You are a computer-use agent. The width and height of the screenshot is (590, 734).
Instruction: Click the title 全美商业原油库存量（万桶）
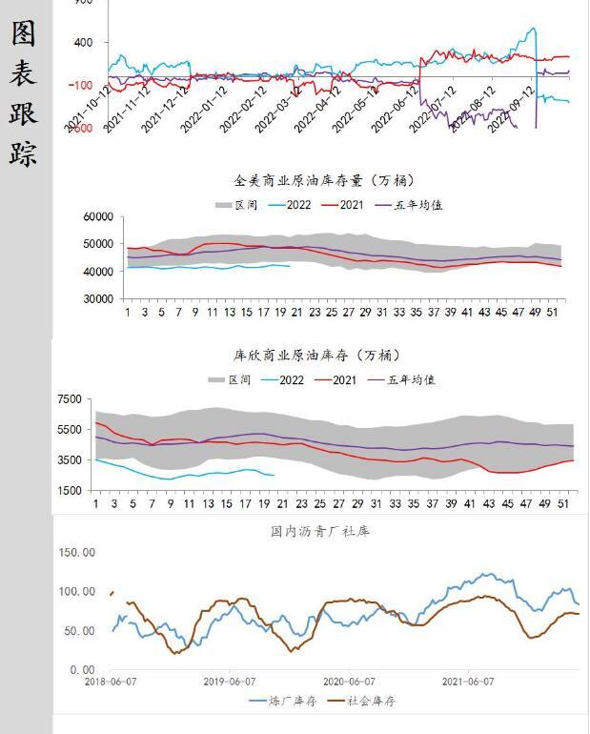click(324, 180)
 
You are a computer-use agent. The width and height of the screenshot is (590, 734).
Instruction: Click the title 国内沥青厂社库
click(319, 531)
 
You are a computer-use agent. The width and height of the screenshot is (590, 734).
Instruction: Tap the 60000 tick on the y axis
click(98, 217)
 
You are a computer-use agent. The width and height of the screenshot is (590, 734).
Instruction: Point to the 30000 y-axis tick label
click(98, 299)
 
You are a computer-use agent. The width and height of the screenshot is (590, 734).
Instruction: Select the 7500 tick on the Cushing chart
click(70, 399)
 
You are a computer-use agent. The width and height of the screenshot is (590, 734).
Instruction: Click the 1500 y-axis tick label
click(70, 491)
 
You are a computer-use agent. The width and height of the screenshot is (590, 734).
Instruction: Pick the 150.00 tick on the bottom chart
click(76, 552)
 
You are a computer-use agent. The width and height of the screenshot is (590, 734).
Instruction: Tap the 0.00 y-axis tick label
click(82, 670)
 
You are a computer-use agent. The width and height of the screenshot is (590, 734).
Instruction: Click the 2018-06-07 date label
click(110, 682)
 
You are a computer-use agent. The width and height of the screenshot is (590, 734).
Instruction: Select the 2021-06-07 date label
click(467, 682)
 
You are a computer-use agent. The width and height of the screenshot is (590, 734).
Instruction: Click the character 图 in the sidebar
click(24, 33)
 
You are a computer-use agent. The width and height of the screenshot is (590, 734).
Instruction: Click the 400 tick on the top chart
click(82, 43)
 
